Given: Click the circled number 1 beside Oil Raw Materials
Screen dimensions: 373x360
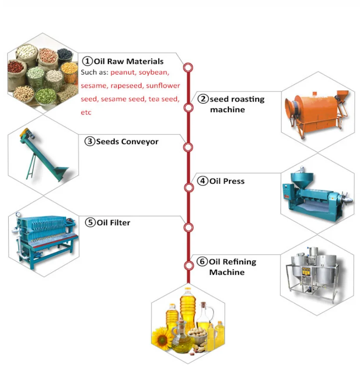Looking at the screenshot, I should click(88, 61).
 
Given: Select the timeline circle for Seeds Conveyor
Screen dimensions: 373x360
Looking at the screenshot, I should click(188, 147).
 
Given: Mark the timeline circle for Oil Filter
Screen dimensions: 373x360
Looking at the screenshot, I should click(188, 227).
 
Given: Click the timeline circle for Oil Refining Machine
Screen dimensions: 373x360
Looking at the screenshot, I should click(188, 265).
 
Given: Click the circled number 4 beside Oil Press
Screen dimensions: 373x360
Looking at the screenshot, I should click(203, 181).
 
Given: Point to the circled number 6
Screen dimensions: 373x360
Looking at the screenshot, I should click(202, 262).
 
